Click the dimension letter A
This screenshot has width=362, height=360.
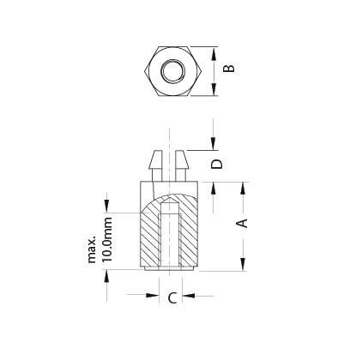click(x=243, y=223)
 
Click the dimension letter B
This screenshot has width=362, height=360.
click(x=229, y=69)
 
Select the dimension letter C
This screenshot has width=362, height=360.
click(x=172, y=297)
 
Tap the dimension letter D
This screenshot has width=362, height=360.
click(x=217, y=164)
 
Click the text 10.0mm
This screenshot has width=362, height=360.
click(x=107, y=239)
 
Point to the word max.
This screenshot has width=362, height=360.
click(x=92, y=249)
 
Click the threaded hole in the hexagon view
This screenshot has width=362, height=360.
click(x=172, y=71)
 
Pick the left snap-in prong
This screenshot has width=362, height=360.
click(x=155, y=165)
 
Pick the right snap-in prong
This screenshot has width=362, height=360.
click(x=182, y=165)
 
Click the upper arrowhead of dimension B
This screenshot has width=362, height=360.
click(x=214, y=54)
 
